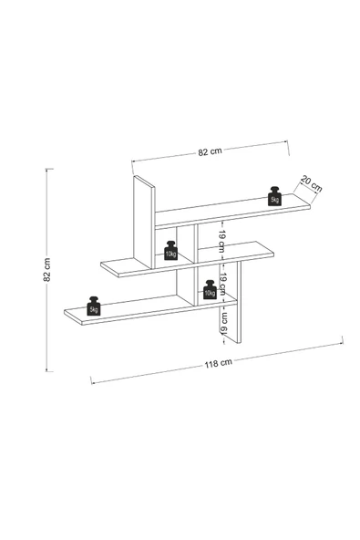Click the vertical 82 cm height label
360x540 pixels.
pos(47,270)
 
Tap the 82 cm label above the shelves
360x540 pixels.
pos(210,151)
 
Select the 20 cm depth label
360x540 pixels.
pos(311,183)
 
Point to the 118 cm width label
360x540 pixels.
pos(219,363)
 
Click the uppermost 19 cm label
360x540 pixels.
pos(221,241)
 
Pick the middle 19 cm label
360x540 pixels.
pos(222,284)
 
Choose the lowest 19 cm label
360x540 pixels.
pos(223,323)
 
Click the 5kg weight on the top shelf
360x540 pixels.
pos(274,196)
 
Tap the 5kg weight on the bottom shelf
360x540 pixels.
pos(94,306)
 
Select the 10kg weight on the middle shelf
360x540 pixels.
pos(170,250)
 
